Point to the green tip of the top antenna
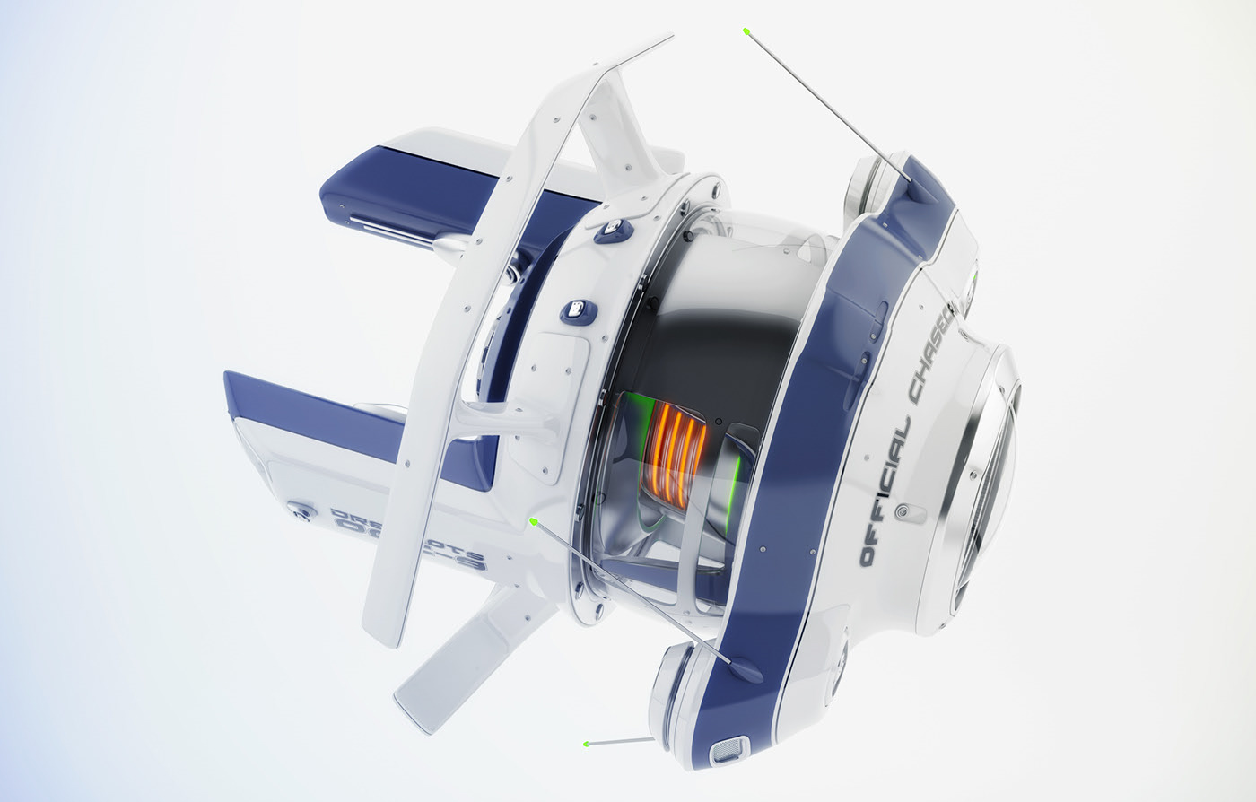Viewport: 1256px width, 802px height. click(746, 31)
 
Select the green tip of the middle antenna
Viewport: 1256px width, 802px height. click(534, 519)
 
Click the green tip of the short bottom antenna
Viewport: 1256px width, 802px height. click(586, 744)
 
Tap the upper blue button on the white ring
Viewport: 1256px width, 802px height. click(613, 230)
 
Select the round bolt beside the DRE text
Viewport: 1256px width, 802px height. click(301, 511)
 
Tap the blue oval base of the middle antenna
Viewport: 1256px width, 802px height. click(746, 668)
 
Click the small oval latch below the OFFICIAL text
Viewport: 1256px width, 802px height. click(911, 513)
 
